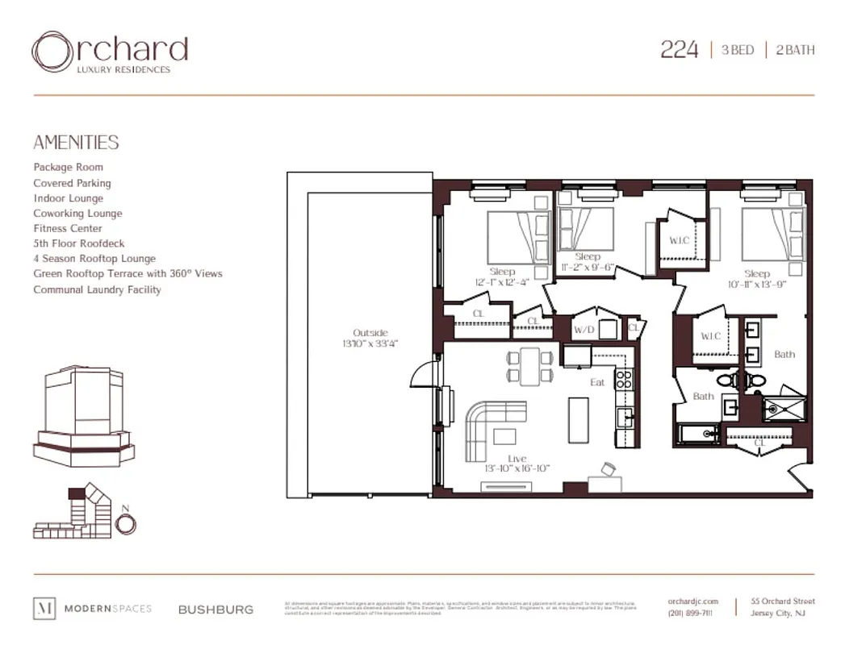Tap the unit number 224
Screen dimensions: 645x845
679,50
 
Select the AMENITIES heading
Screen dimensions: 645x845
76,143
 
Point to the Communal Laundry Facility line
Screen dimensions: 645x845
97,289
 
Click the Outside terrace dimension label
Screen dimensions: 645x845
370,338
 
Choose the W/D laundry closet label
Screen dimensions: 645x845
584,330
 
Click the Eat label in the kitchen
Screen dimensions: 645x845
597,382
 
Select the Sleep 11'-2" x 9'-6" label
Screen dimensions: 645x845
588,262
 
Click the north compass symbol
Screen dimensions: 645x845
125,523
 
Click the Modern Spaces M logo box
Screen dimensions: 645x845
44,609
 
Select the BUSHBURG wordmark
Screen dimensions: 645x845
215,610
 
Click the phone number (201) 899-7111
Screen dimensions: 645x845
690,614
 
